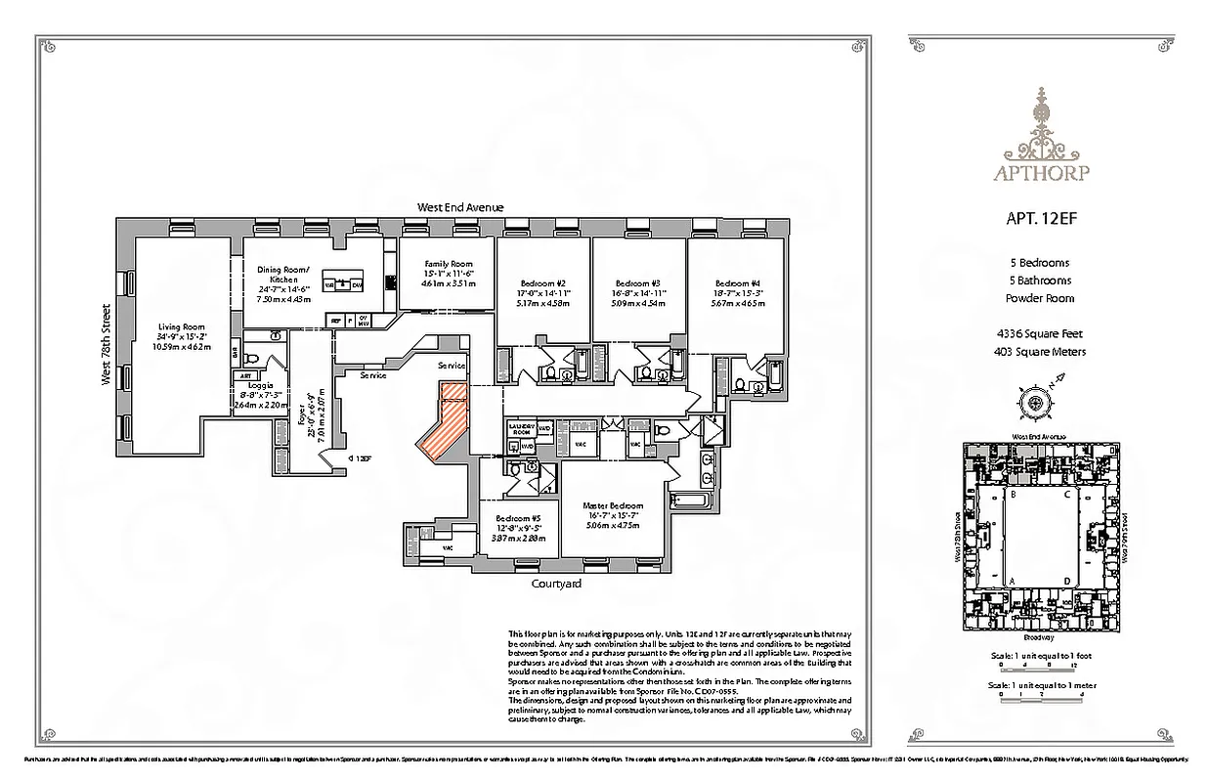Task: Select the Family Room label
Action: point(448,264)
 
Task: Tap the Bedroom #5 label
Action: point(517,518)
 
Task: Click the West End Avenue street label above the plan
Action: point(459,207)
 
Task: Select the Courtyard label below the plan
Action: point(556,584)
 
